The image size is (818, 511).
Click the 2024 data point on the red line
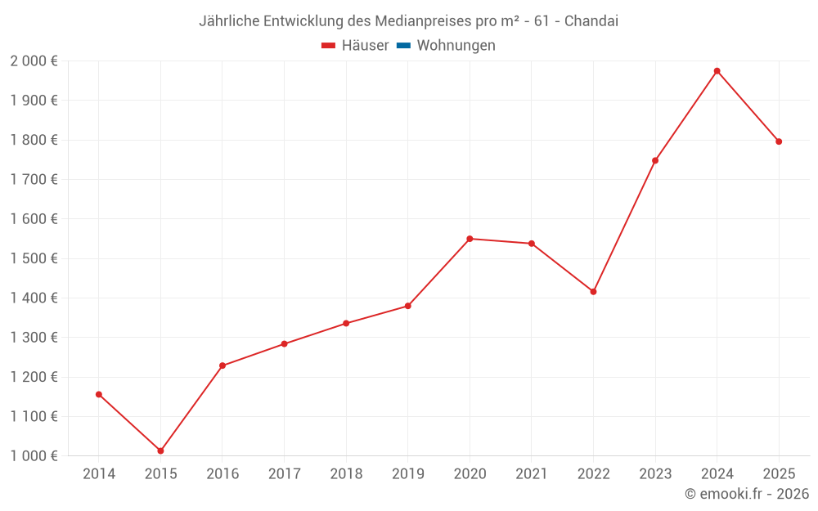(717, 71)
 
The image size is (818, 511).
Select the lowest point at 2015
(160, 450)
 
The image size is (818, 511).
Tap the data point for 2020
(470, 239)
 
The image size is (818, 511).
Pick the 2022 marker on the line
(593, 291)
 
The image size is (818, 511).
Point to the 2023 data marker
(655, 160)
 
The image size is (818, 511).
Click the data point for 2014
(99, 394)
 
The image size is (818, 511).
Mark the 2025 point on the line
(779, 141)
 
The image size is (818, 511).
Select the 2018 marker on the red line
(346, 323)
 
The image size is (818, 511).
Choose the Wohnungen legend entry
(456, 46)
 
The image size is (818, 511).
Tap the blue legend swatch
(403, 46)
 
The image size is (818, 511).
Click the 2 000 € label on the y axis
(34, 61)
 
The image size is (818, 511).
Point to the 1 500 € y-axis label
(34, 258)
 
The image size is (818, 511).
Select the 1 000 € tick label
(34, 456)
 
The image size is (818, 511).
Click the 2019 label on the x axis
(408, 473)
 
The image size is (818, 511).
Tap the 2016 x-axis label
(222, 473)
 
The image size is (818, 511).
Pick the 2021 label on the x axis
(532, 473)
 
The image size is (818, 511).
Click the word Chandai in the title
(591, 20)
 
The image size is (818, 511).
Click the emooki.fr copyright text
(746, 494)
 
